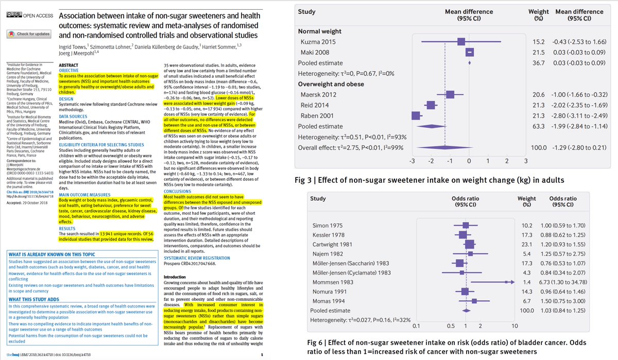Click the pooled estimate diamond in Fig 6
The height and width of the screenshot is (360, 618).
click(x=466, y=310)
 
